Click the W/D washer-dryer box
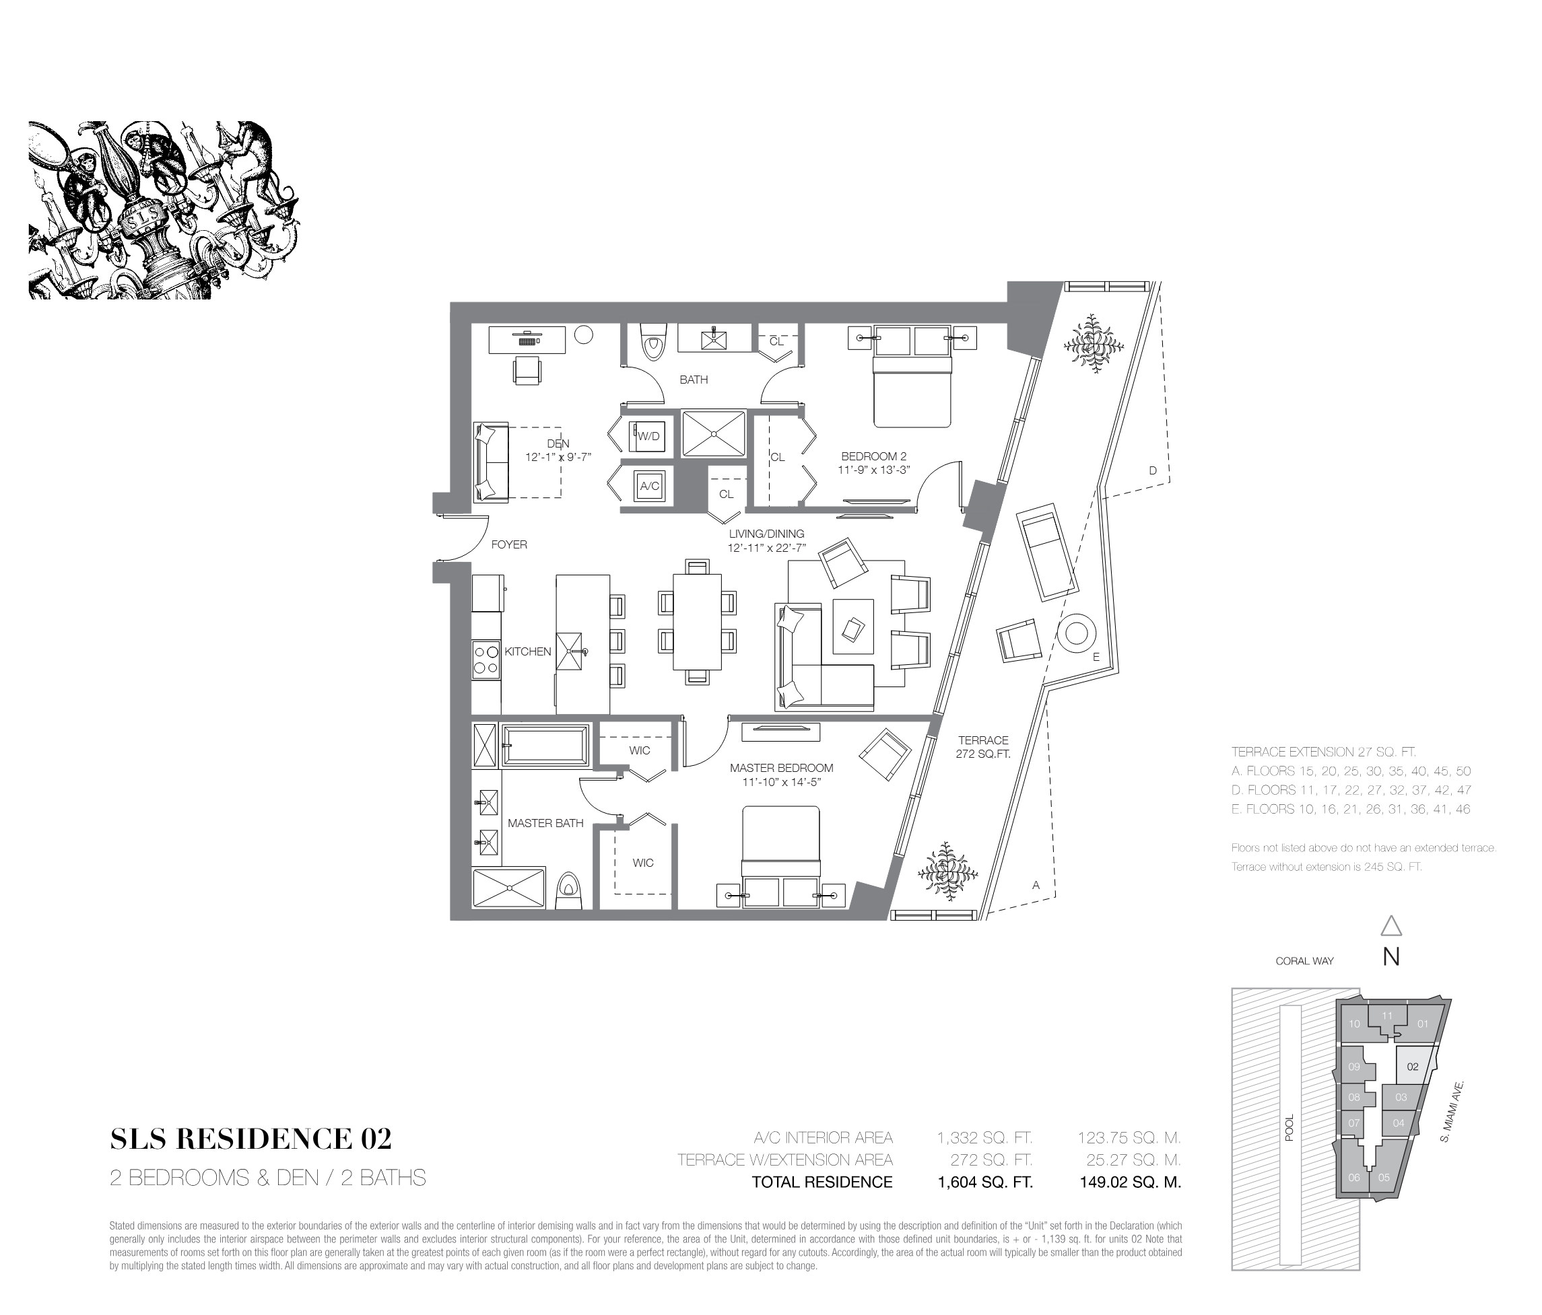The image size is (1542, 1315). point(648,436)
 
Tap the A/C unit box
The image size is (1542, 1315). point(649,487)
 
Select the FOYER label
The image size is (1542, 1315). point(509,544)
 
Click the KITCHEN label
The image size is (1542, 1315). point(528,651)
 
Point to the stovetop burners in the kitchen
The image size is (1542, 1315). point(486,660)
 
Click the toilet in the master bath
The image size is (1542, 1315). point(568,890)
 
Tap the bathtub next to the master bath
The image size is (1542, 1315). point(545,745)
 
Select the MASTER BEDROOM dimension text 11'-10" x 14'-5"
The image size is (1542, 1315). point(781,782)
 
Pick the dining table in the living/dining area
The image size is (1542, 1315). point(698,622)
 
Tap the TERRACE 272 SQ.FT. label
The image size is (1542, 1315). point(983,747)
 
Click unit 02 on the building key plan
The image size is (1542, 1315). point(1413,1067)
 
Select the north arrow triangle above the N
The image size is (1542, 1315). point(1391,926)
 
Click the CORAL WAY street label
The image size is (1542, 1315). point(1304,961)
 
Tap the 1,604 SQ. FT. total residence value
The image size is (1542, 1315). point(985,1182)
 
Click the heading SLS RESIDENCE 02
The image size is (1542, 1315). point(250,1139)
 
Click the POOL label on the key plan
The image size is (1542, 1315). point(1289,1127)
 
